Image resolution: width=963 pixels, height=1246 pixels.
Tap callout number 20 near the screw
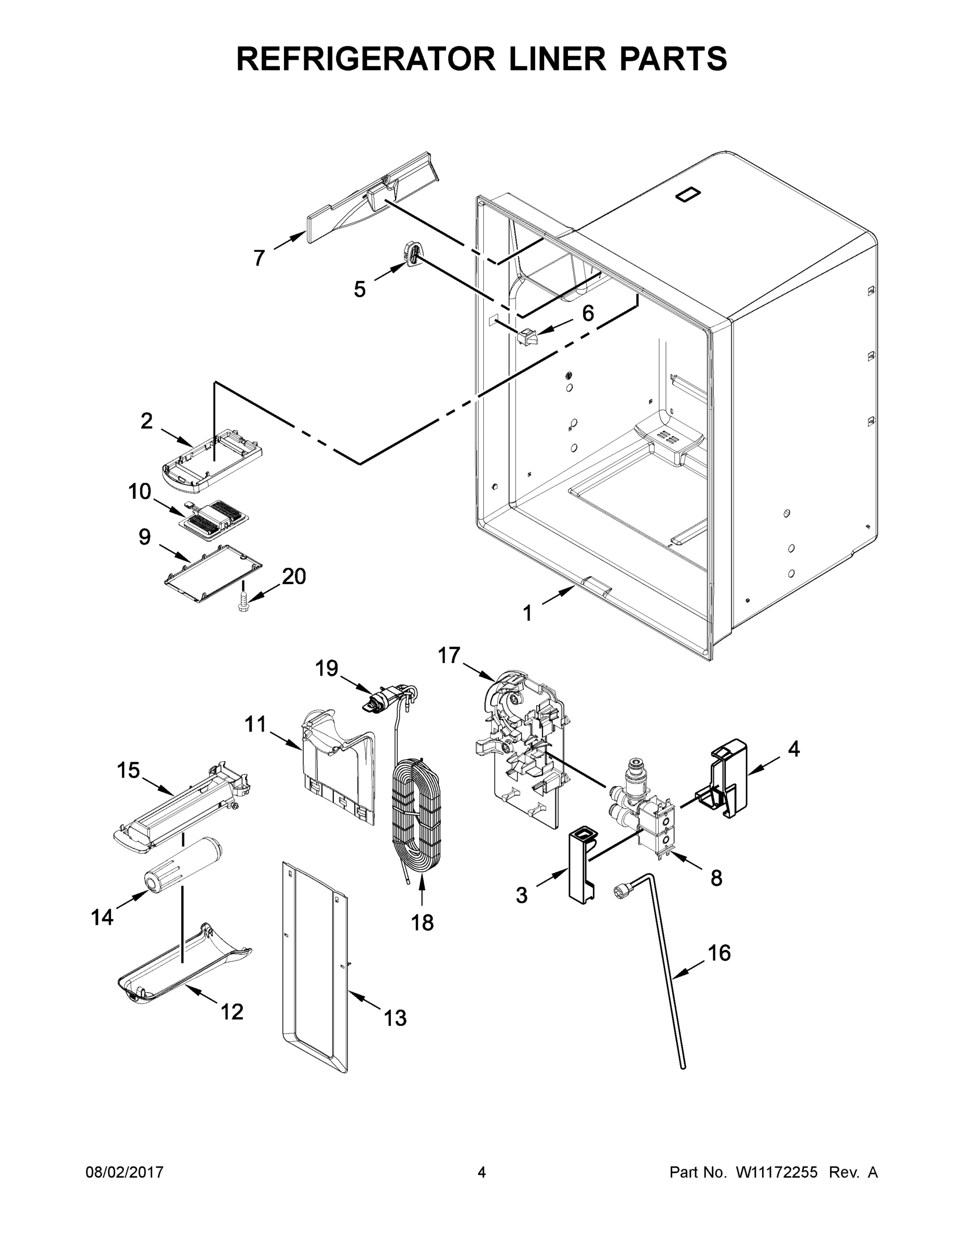point(294,576)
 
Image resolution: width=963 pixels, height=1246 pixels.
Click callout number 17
point(449,656)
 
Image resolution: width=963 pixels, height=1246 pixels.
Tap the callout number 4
point(794,749)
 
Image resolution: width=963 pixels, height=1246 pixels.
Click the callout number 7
point(260,259)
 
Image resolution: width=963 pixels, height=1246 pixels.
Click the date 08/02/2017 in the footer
point(125,1172)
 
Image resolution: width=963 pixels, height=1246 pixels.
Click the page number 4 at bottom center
point(482,1172)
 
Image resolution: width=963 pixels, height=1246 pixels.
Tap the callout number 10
point(140,491)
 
